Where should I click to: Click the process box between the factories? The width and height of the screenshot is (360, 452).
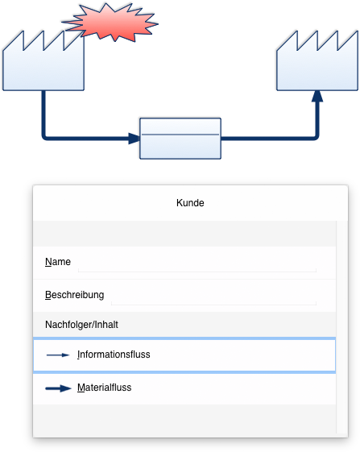(x=180, y=139)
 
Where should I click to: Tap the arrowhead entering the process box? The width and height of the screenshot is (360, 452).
(x=134, y=139)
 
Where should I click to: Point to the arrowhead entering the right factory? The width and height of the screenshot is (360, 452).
(x=317, y=96)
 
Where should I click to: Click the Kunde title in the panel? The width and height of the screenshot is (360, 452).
(x=190, y=203)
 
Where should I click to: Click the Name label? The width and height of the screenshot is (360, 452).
(x=58, y=262)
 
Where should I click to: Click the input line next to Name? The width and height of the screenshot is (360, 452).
(x=197, y=271)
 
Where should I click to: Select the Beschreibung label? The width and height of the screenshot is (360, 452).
(x=75, y=295)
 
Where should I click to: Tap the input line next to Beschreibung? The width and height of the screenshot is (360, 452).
(x=213, y=304)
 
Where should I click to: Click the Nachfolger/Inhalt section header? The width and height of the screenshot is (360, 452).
(x=81, y=325)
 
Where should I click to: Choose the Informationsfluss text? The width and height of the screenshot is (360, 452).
(x=114, y=355)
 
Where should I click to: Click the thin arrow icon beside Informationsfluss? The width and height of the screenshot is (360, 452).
(x=58, y=355)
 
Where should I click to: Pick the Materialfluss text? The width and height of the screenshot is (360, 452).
(x=105, y=388)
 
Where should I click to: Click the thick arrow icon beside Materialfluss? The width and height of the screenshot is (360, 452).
(x=58, y=388)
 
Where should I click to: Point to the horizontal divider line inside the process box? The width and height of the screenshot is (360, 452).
(x=180, y=135)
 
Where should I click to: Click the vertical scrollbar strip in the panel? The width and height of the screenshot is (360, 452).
(x=341, y=327)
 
